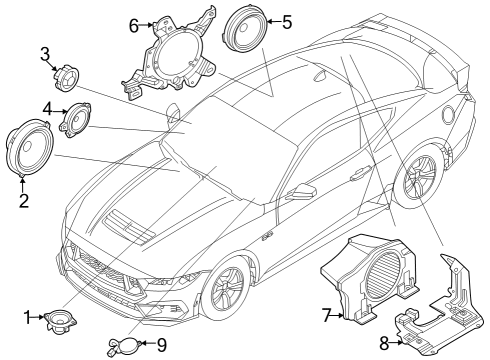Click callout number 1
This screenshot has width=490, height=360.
[x=28, y=318]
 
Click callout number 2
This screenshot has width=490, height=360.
[x=24, y=199]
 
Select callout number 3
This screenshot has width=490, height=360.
[x=46, y=53]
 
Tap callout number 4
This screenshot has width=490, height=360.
[x=48, y=107]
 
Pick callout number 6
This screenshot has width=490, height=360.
[x=134, y=26]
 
